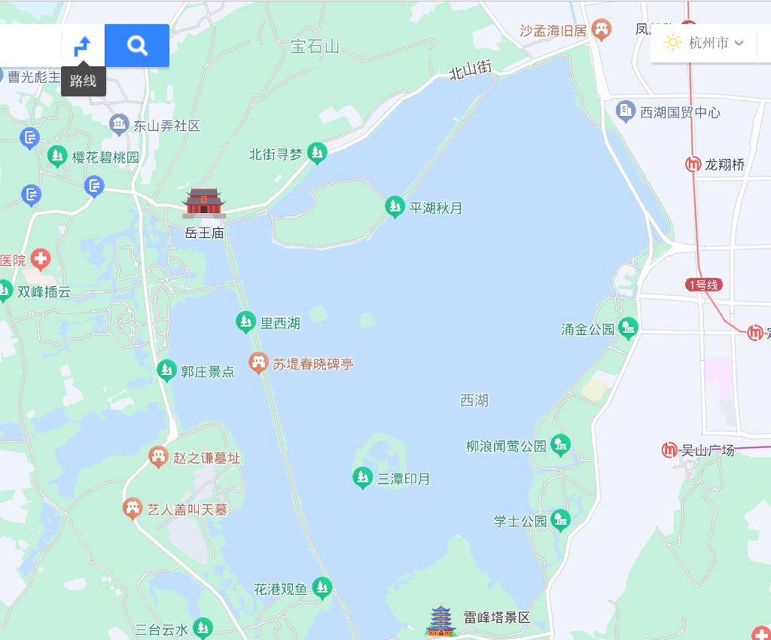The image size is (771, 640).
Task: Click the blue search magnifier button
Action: pos(137,46)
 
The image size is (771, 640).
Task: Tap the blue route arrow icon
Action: pos(82,47)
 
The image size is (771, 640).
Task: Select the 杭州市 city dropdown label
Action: pos(708,43)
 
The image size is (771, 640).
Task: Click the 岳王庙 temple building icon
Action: pos(204,203)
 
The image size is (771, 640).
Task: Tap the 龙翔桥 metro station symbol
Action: pos(693,164)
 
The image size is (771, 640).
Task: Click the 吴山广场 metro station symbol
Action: pos(669,450)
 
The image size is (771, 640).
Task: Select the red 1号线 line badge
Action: pos(704,285)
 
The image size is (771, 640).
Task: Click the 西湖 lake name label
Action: pos(474,401)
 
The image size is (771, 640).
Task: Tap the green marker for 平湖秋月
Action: pos(395,206)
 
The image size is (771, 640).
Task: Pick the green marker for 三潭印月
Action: pos(363,477)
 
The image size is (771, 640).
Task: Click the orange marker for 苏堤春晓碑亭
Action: pos(258,363)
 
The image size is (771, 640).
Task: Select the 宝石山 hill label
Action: pos(315,47)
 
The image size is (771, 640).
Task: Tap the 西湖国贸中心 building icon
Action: pos(626,111)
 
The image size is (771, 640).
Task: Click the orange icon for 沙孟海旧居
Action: pos(601,30)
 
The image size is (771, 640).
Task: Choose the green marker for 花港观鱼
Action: pos(322,587)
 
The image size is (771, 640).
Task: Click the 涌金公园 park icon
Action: pos(628,328)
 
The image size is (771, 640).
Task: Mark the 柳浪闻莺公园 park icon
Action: pos(560,445)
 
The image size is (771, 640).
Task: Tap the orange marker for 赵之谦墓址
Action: pos(158,456)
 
